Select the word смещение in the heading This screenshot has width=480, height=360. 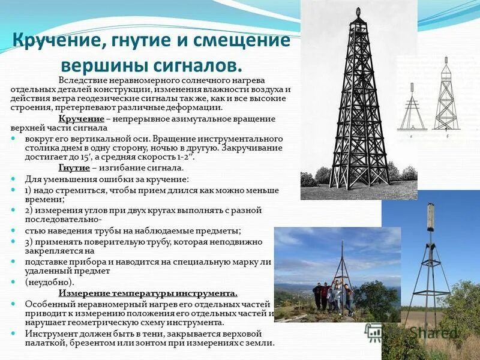coord(244,42)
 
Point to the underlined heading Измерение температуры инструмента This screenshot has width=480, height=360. coord(148,293)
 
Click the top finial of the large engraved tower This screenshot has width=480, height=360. coord(358,13)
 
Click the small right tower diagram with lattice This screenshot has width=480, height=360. coord(445,96)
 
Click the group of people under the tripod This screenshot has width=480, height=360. coord(332,297)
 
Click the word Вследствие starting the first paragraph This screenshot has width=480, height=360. coord(80,80)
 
